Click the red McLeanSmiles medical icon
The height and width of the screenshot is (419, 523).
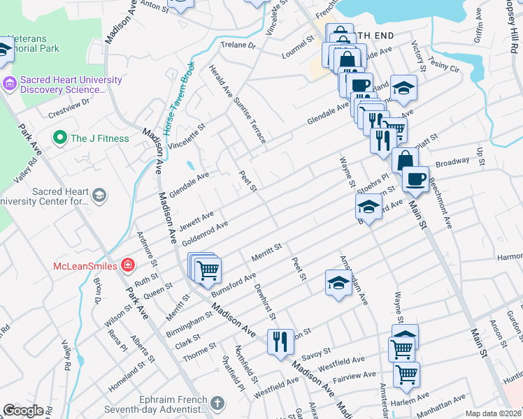[127, 265]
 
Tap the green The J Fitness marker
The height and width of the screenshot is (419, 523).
[59, 138]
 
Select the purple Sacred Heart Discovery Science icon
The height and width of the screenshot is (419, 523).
[9, 83]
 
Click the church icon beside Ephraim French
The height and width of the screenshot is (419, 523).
[217, 403]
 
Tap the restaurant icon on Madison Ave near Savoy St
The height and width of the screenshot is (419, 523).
[280, 341]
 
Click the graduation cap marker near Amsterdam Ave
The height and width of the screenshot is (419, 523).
[338, 283]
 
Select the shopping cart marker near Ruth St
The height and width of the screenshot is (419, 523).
[208, 269]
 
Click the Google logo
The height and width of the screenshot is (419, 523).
[22, 410]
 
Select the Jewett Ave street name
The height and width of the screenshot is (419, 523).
[196, 221]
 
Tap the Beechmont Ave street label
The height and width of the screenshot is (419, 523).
[441, 202]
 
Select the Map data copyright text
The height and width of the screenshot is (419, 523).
[493, 413]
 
